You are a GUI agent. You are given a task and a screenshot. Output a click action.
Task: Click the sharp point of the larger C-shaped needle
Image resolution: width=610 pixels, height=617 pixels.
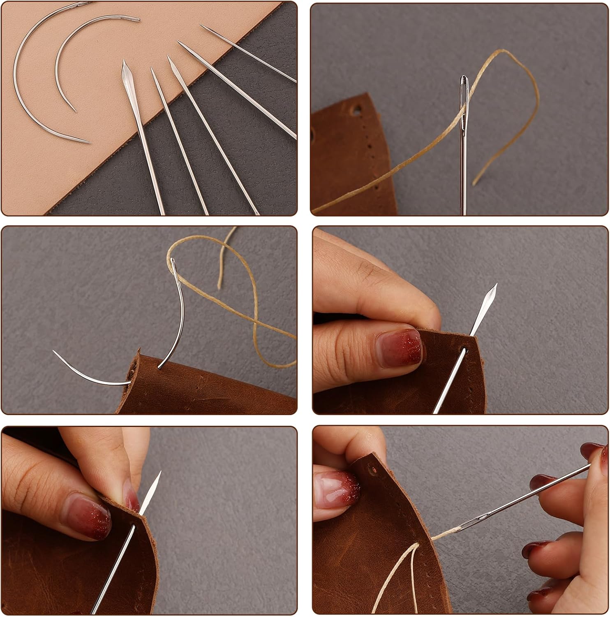[89, 142]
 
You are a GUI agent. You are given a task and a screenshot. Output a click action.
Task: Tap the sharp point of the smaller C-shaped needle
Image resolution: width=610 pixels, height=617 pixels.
[75, 110]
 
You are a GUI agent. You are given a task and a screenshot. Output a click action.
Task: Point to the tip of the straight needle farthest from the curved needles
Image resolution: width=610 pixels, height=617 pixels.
[201, 26]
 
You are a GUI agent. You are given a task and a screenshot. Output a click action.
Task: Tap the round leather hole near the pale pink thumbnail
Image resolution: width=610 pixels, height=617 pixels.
[373, 469]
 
